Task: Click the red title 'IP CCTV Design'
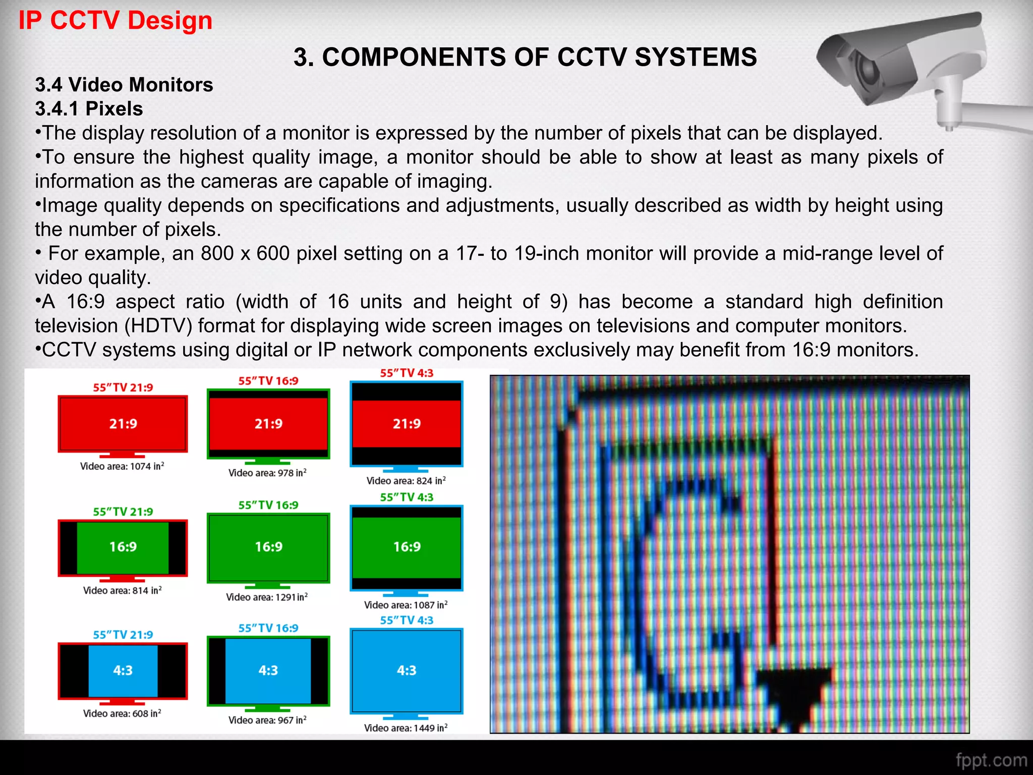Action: (x=115, y=21)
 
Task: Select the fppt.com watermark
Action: (x=991, y=760)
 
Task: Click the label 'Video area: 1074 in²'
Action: (x=122, y=466)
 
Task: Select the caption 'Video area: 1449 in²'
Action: (x=406, y=728)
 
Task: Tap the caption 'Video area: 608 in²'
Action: (x=122, y=713)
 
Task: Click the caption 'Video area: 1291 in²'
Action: (x=267, y=597)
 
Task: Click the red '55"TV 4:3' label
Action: (x=407, y=373)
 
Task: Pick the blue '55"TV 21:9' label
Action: (x=123, y=635)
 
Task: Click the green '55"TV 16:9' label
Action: (x=268, y=505)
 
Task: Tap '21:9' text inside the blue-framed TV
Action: (x=407, y=424)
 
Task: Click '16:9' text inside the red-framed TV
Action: (x=123, y=547)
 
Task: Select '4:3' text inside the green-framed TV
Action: (x=268, y=671)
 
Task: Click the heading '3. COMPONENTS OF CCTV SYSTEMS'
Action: (x=525, y=57)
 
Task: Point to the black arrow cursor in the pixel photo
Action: (x=794, y=694)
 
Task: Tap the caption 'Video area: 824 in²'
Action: (x=406, y=481)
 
